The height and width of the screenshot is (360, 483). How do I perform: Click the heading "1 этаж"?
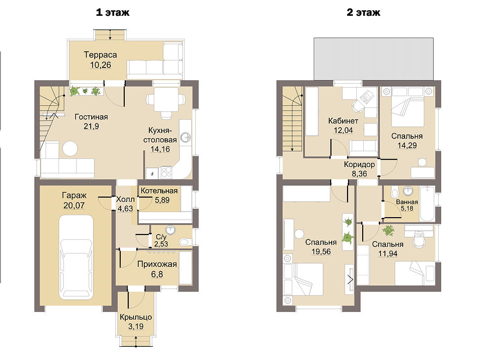coord(113,12)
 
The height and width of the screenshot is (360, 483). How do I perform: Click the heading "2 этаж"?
coord(364,12)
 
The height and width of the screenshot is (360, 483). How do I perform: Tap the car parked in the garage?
coord(76,257)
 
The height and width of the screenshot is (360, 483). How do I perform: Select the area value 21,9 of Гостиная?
coord(91,126)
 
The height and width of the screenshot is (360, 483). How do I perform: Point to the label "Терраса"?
coord(101,55)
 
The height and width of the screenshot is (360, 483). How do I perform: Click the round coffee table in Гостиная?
coord(70,149)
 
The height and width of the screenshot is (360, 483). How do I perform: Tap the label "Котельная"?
coord(159,191)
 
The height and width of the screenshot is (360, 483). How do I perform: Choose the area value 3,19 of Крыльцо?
coord(136,327)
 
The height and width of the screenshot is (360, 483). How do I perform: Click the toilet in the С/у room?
coord(185,241)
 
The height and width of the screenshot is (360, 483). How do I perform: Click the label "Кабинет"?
coord(343,121)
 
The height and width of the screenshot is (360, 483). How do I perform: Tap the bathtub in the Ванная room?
coord(428,203)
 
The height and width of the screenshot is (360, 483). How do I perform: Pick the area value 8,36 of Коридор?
coord(359,173)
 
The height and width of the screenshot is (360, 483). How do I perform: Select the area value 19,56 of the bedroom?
coord(321,251)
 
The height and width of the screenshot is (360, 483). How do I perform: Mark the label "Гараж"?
coord(74,196)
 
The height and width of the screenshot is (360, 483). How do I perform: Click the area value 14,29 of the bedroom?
coord(407,145)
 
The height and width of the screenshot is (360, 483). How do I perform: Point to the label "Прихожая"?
coord(157,264)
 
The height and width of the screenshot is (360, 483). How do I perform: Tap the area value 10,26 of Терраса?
coord(101,65)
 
